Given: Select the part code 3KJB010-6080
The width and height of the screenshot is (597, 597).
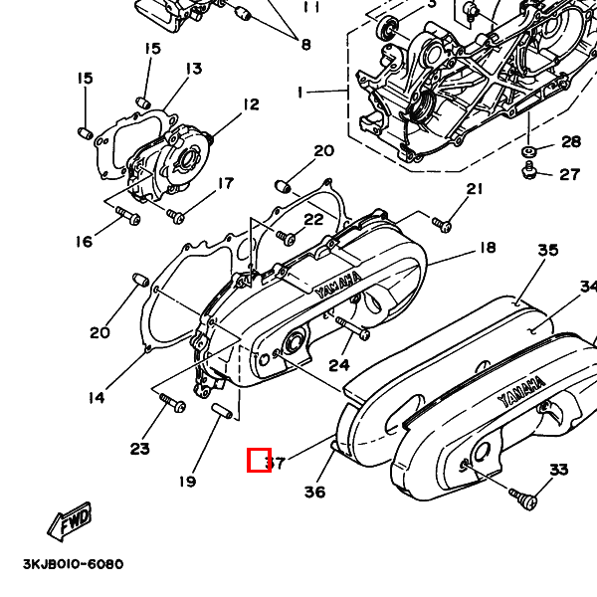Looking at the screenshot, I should [73, 564].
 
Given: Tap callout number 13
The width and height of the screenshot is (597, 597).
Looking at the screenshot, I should [192, 69].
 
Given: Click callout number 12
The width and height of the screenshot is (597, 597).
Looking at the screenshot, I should [249, 104].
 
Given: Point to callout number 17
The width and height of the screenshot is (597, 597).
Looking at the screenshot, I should [226, 183].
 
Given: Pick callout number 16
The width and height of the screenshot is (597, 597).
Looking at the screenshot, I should [83, 242].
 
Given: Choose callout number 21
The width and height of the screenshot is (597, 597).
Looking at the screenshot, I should [474, 190].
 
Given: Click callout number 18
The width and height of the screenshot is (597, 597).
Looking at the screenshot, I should [487, 248].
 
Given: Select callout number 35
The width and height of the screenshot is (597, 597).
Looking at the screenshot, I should [548, 251].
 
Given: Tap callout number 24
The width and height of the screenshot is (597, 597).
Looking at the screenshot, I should [339, 365].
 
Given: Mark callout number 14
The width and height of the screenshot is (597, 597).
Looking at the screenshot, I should [96, 398].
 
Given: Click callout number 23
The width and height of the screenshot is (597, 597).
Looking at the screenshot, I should [139, 449].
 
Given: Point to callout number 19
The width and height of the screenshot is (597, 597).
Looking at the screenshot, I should [188, 483].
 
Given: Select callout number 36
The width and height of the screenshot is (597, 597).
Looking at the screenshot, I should [314, 492].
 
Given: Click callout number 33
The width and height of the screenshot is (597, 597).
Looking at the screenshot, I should [558, 470].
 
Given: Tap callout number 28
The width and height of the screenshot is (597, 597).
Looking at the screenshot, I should [570, 141].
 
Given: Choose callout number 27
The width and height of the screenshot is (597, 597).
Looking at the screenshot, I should [569, 175].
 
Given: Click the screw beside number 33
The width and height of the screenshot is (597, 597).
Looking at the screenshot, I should [524, 495].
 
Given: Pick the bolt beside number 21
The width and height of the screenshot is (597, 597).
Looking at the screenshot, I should [444, 224].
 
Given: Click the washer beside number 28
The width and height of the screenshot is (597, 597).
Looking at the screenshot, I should [528, 150].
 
